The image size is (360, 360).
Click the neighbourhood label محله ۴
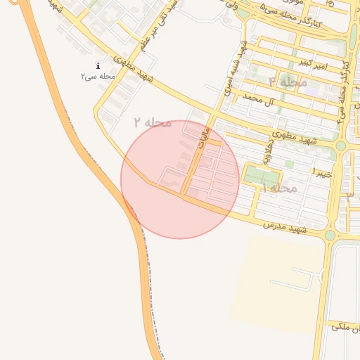tap(288, 82)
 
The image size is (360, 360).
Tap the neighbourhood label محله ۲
tap(153, 122)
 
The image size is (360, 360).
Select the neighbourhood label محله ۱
tap(278, 188)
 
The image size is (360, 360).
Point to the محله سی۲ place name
tap(98, 75)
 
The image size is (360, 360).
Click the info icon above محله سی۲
tap(98, 65)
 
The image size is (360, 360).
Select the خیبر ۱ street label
tap(322, 172)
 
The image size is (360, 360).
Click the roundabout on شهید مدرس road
tap(330, 234)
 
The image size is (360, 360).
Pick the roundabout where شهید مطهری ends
tap(340, 146)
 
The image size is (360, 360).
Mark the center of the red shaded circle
tap(180, 179)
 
